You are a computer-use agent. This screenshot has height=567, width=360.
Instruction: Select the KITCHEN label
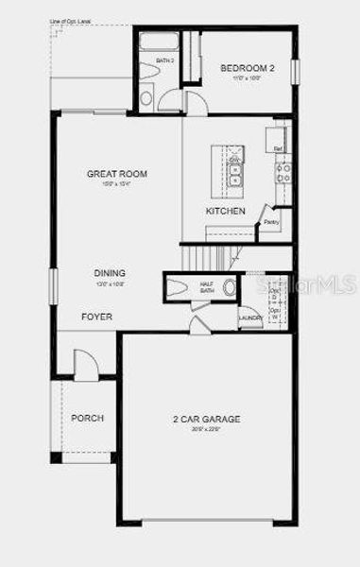[226, 211]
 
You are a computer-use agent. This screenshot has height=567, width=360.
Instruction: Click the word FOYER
[96, 317]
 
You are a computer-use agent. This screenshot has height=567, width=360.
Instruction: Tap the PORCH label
[88, 418]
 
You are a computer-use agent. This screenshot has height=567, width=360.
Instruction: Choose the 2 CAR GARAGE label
[206, 419]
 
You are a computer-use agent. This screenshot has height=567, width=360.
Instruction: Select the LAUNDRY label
[250, 318]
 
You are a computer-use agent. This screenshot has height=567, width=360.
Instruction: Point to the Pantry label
[271, 223]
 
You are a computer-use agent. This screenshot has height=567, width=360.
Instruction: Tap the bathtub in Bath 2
[160, 42]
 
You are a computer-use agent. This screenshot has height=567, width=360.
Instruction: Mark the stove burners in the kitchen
[282, 172]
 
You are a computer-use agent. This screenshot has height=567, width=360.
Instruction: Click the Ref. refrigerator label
[278, 148]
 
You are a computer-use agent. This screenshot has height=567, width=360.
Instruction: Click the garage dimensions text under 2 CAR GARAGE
[206, 429]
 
